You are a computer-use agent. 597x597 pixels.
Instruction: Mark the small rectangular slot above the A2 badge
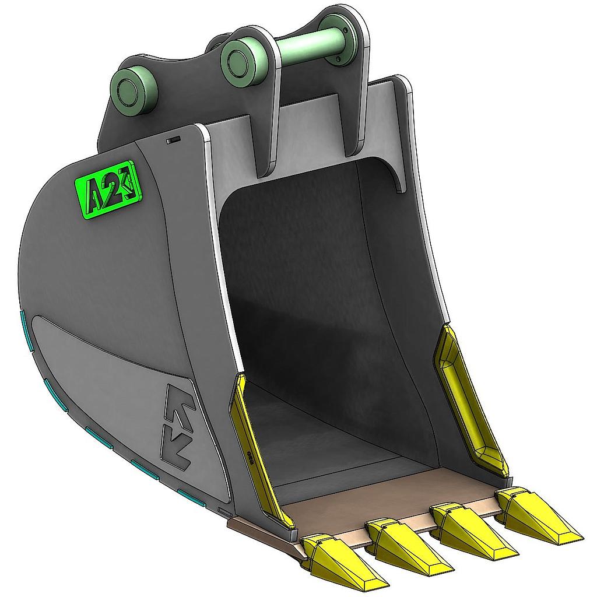click(174, 141)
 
